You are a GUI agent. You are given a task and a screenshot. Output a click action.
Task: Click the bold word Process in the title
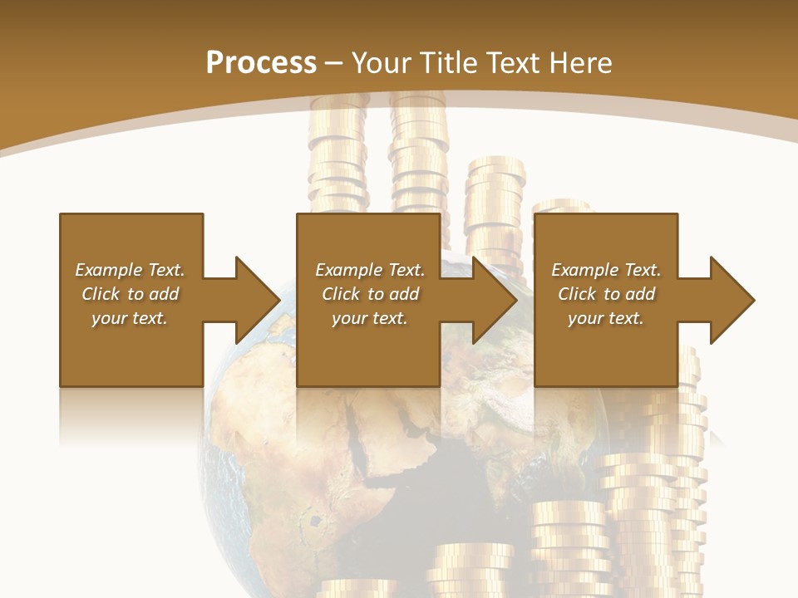(x=261, y=63)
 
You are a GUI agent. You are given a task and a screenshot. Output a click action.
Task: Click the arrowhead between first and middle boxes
(x=254, y=300)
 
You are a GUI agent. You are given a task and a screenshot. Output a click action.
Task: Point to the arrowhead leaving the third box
(x=730, y=300)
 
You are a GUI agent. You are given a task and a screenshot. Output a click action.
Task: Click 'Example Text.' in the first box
(x=130, y=270)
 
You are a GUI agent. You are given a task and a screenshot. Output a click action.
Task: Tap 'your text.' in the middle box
(x=369, y=318)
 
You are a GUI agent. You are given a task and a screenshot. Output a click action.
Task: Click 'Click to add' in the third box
(x=606, y=294)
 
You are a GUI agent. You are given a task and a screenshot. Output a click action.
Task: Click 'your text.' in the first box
(x=130, y=318)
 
